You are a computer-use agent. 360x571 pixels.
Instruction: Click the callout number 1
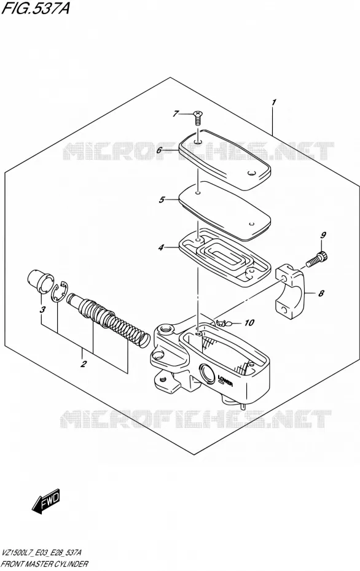274,103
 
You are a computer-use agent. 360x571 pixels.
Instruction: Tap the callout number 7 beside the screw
176,114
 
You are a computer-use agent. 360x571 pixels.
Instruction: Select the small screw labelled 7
197,118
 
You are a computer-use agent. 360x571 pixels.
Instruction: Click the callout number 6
159,150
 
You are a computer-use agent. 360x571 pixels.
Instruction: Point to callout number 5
162,200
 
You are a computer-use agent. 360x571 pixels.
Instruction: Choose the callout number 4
161,248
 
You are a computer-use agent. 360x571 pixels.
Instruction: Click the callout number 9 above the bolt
323,236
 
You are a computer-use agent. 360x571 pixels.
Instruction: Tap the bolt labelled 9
316,260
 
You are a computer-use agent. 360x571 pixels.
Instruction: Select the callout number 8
321,293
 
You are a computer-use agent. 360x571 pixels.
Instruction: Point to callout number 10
249,322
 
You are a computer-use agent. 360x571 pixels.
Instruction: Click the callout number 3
42,310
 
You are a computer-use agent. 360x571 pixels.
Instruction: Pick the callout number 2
84,363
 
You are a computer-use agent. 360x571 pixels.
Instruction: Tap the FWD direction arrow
45,501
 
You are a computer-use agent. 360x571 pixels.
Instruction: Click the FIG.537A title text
35,8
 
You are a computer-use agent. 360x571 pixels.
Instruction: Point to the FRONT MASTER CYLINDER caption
45,564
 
